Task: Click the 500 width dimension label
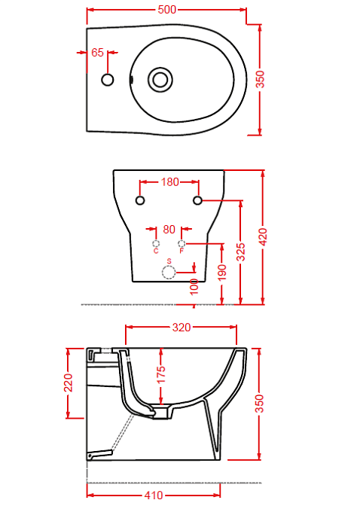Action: coord(167,10)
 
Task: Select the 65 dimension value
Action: coord(97,52)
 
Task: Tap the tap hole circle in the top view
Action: coord(108,80)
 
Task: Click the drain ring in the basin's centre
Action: coord(160,80)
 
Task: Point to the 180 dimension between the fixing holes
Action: coord(169,182)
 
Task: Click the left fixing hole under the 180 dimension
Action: coord(140,200)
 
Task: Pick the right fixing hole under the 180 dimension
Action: coord(197,200)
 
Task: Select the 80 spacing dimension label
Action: coord(169,230)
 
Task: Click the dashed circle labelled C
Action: coord(156,243)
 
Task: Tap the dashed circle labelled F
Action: coord(182,243)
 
